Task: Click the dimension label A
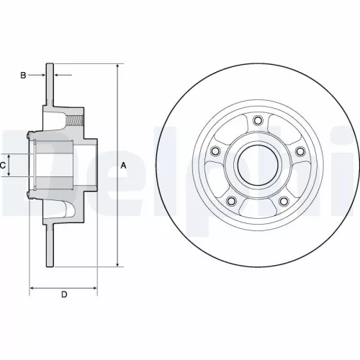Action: coord(123,166)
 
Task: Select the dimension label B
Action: coord(24,75)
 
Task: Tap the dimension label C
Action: coord(4,165)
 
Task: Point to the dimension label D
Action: coord(63,294)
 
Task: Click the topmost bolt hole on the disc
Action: coord(257,120)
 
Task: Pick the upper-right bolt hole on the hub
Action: coord(300,151)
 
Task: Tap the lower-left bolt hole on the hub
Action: coord(230,202)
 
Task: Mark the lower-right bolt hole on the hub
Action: coord(284,202)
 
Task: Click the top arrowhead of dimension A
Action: coord(117,67)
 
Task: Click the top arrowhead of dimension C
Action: coord(10,155)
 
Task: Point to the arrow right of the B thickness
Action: coord(60,75)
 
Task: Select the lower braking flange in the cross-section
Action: coord(51,245)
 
